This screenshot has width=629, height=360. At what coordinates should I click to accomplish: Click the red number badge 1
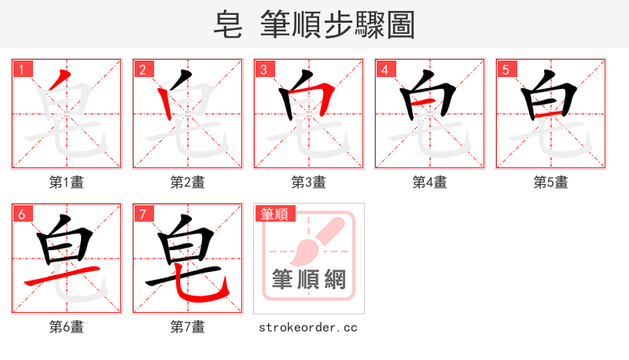[x=23, y=69]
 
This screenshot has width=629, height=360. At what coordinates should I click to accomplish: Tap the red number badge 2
[x=143, y=69]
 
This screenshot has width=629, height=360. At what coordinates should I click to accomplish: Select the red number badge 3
[x=264, y=69]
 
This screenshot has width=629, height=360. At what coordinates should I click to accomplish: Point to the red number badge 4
[x=385, y=69]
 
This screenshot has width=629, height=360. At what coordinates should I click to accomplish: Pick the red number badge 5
[x=506, y=69]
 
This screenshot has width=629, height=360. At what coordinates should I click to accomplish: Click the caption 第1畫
[x=67, y=182]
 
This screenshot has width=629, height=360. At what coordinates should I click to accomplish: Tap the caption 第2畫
[x=188, y=182]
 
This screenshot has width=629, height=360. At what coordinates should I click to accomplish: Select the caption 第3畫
[x=309, y=182]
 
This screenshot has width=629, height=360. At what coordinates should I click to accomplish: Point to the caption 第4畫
[x=430, y=182]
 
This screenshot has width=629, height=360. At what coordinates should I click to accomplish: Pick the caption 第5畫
[x=551, y=182]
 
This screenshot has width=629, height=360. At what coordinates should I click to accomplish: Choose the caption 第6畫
[x=67, y=327]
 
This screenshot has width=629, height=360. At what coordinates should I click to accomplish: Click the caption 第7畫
[x=188, y=327]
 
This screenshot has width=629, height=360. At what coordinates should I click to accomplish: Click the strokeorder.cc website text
[x=308, y=327]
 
